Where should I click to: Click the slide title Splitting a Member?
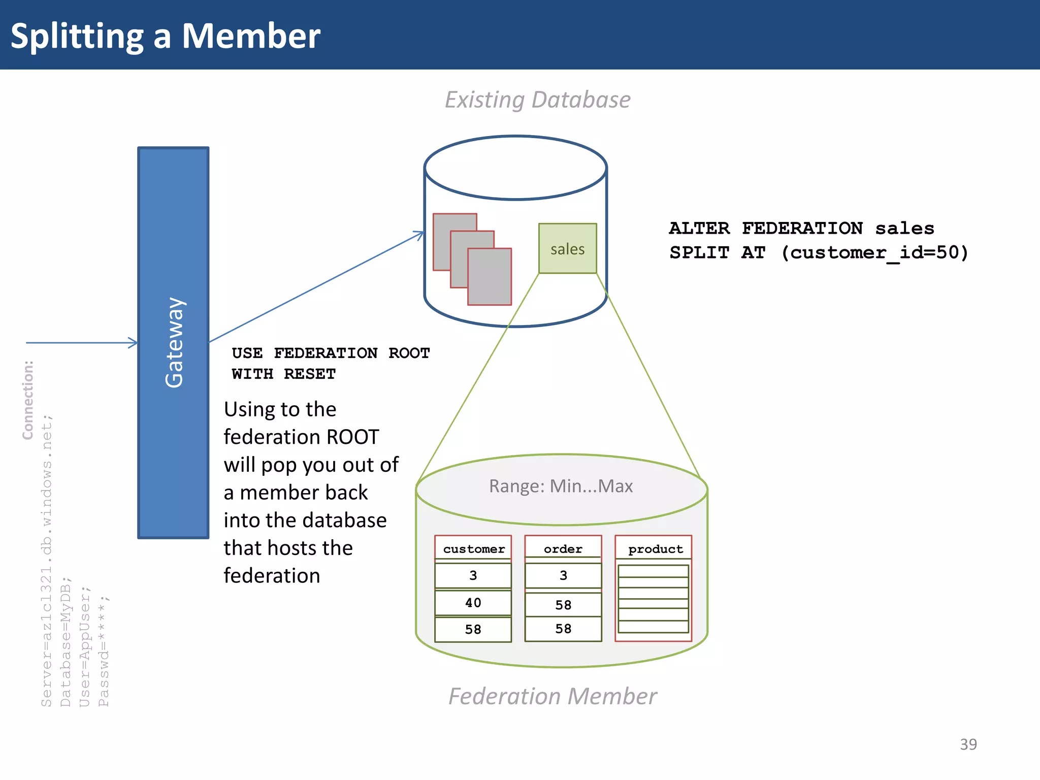[166, 36]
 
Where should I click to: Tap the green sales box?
[567, 248]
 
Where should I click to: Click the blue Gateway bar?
[173, 343]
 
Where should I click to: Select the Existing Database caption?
[537, 100]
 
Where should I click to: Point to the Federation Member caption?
[552, 696]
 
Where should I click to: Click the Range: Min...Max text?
[561, 486]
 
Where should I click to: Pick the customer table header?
[473, 549]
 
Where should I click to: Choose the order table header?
[563, 549]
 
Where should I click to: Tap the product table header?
[655, 549]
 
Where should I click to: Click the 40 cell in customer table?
[473, 603]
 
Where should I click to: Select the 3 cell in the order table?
[563, 575]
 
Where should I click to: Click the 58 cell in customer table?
[473, 630]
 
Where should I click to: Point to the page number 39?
[968, 744]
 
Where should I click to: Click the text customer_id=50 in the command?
[873, 252]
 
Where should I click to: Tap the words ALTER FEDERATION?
[765, 229]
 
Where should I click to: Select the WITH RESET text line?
[283, 374]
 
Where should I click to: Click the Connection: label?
[28, 400]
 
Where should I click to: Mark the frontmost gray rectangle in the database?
[490, 277]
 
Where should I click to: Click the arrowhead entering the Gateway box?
[134, 343]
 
